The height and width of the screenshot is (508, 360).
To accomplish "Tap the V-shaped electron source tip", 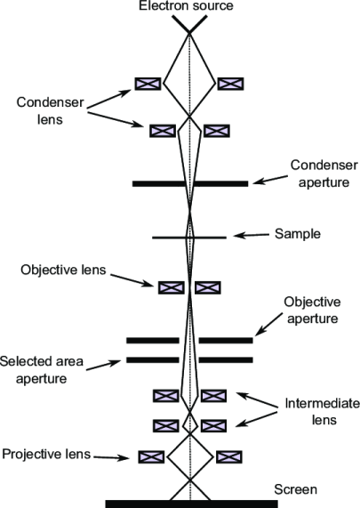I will [189, 29].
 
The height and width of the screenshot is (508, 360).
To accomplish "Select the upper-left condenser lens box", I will [148, 83].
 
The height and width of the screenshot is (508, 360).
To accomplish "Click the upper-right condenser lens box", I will [231, 83].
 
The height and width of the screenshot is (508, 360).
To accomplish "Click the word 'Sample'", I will [298, 234].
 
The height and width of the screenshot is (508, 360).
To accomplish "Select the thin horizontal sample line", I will [169, 238].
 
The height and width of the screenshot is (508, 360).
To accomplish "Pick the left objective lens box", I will [171, 286].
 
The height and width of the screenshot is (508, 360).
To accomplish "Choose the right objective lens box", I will [208, 286].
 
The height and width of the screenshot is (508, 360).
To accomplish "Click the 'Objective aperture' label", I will [311, 310].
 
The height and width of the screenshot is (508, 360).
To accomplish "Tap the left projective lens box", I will [150, 456].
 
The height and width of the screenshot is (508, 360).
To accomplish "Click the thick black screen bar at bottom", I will [191, 504].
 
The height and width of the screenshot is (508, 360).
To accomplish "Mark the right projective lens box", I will [229, 456].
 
